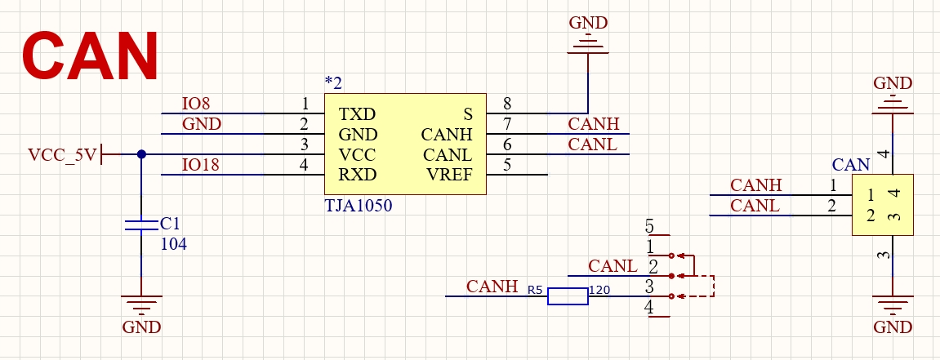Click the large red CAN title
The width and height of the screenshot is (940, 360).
tap(90, 56)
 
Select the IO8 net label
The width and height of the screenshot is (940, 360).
tap(196, 104)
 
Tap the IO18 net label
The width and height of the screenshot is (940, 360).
tap(200, 166)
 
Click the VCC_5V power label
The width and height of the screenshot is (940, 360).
tap(62, 154)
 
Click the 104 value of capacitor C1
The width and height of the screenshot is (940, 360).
tap(173, 243)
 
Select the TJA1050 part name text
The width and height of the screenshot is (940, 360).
tap(359, 207)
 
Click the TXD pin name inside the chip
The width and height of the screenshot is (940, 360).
tap(358, 113)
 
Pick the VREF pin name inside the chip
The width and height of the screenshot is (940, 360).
tap(449, 176)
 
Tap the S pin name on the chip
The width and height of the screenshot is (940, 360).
tap(468, 113)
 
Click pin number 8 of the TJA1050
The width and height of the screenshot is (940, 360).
tap(507, 104)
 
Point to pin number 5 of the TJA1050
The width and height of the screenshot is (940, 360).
tap(507, 166)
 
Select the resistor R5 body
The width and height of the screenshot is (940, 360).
tap(567, 296)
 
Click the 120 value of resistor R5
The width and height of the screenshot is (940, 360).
tap(599, 290)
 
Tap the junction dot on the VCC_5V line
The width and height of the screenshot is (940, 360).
tap(141, 154)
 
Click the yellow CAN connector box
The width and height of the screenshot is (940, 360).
tap(883, 205)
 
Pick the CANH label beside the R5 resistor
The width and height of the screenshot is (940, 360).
tap(492, 287)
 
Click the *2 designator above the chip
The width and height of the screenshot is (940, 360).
tap(333, 82)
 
